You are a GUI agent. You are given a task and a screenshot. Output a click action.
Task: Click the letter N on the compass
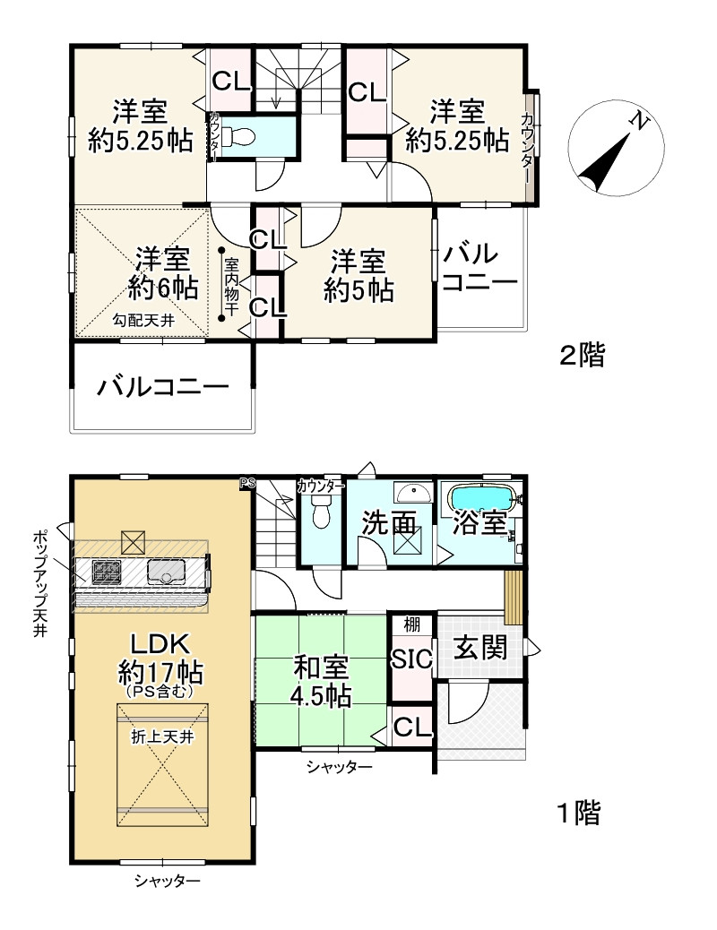(x=638, y=122)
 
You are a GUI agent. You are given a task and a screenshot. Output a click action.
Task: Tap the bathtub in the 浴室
(x=483, y=497)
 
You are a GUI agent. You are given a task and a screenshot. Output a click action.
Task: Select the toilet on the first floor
(x=321, y=511)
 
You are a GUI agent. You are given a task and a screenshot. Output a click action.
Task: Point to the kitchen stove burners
(x=107, y=572)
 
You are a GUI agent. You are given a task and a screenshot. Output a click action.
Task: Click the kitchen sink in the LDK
(x=166, y=572)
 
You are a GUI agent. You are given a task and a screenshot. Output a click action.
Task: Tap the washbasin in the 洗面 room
(x=414, y=492)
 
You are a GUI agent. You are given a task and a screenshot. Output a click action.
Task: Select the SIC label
(x=411, y=659)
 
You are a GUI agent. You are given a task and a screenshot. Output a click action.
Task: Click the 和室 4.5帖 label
(x=321, y=682)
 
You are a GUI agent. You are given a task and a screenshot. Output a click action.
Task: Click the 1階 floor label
(x=579, y=813)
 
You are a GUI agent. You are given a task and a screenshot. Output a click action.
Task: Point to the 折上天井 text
(x=162, y=737)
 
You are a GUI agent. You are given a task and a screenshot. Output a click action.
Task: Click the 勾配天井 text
(x=143, y=321)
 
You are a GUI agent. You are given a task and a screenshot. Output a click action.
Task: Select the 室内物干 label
(x=231, y=286)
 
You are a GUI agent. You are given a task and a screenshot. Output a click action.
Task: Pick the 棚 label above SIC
(x=411, y=624)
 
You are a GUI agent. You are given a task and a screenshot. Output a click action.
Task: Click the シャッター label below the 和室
(x=339, y=767)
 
